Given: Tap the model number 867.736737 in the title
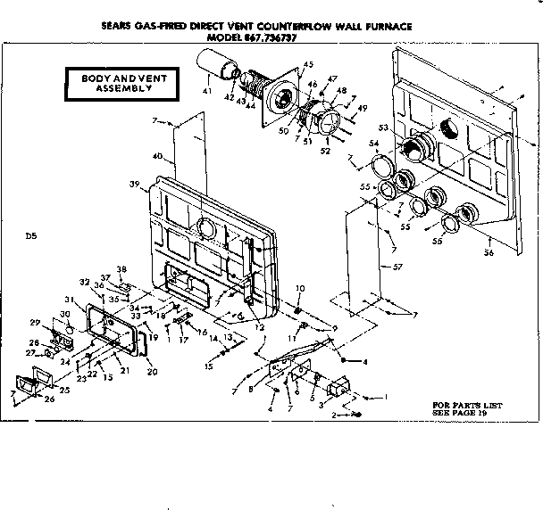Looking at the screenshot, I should pyautogui.click(x=285, y=39).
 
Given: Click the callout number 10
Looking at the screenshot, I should pyautogui.click(x=300, y=288).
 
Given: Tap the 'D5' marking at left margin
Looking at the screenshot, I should pyautogui.click(x=32, y=236).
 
